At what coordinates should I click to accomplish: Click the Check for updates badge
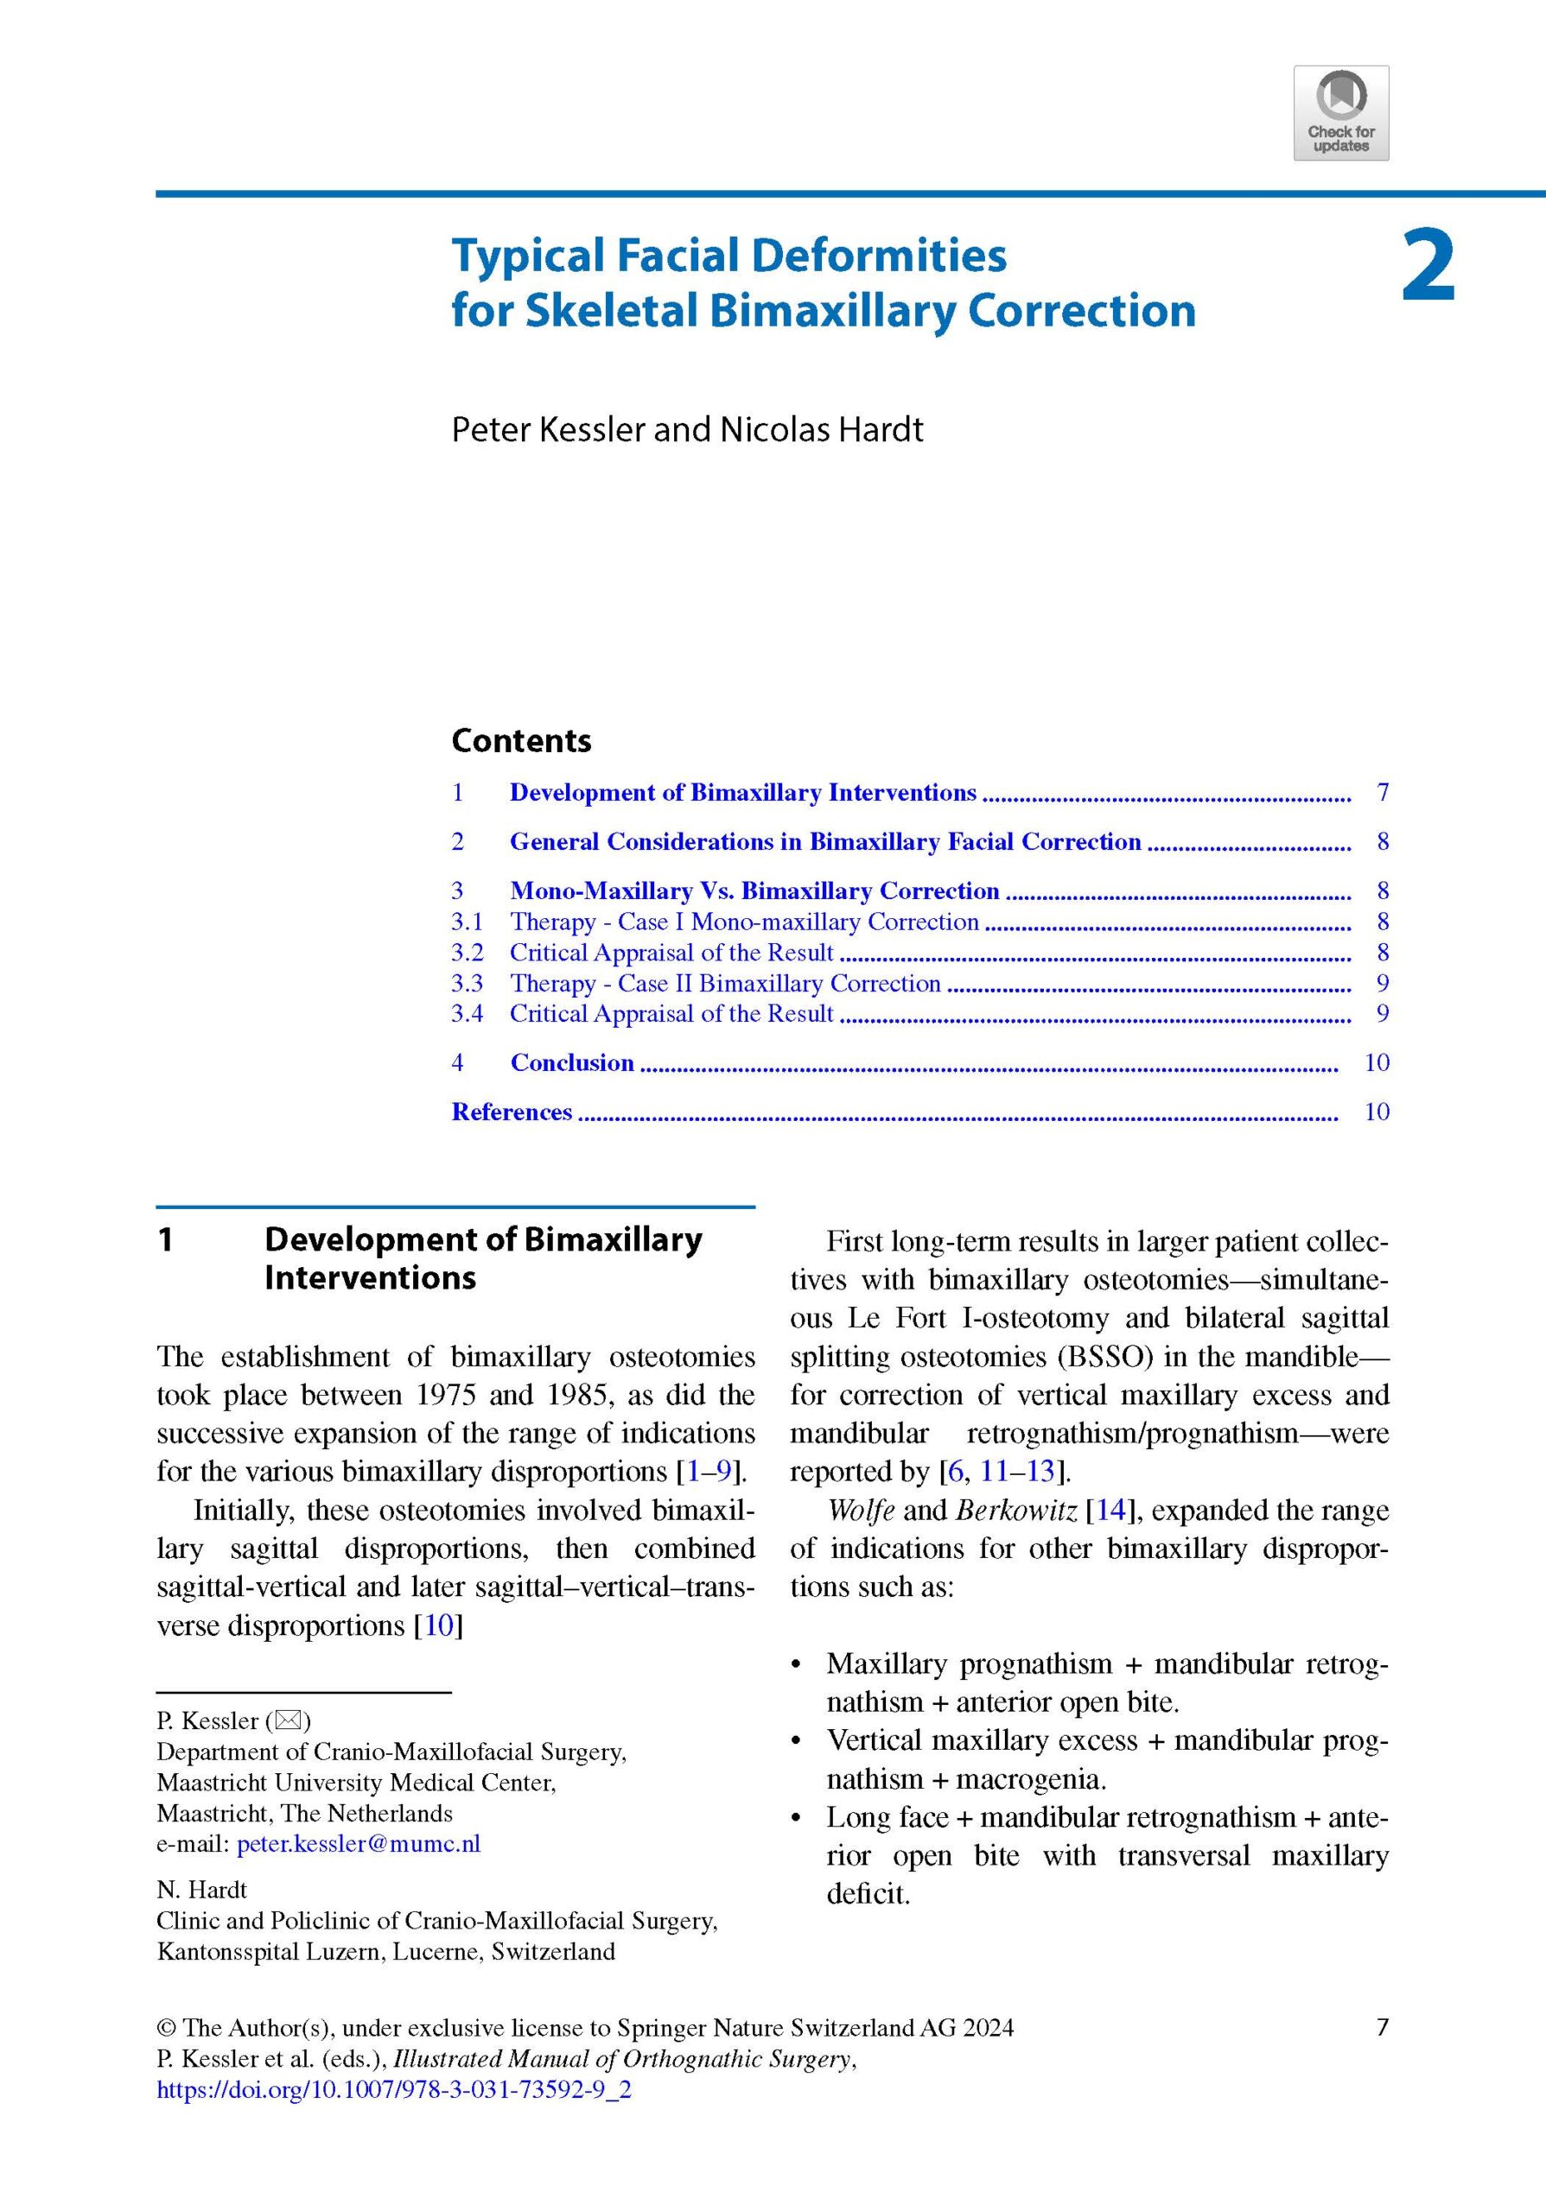coord(1341,112)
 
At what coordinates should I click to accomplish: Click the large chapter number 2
coord(1428,266)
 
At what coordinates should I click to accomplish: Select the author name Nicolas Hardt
coord(822,429)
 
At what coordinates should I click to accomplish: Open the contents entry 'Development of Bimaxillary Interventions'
coord(742,793)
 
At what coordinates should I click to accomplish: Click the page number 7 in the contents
coord(1383,793)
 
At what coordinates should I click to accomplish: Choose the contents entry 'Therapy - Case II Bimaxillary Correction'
coord(725,983)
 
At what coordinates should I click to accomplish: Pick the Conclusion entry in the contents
coord(572,1062)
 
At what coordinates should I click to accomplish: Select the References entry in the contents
coord(512,1112)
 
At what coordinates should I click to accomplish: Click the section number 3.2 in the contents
coord(468,953)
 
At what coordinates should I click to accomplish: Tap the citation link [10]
coord(438,1625)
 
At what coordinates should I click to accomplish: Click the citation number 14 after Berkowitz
coord(1110,1510)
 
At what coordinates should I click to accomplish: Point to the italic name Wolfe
coord(860,1510)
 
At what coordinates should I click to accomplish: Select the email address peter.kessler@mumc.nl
coord(359,1844)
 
